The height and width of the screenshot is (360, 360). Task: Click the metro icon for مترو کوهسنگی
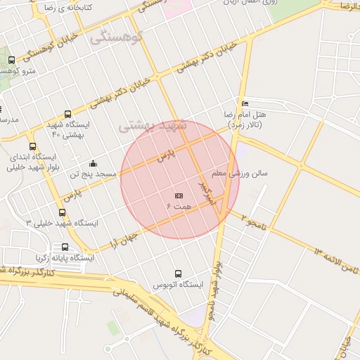click(11, 60)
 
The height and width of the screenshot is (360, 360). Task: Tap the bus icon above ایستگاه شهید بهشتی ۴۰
click(67, 114)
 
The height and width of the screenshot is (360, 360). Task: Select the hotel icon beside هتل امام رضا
click(244, 103)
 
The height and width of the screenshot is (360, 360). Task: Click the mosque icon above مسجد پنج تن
click(93, 164)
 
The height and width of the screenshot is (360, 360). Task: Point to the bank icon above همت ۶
click(179, 195)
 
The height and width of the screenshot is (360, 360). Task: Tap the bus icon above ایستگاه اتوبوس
click(177, 274)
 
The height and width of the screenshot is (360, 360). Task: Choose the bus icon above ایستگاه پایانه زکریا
click(65, 247)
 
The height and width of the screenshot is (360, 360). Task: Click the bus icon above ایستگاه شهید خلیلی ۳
click(63, 212)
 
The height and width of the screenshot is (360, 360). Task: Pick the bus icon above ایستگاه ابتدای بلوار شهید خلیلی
click(33, 147)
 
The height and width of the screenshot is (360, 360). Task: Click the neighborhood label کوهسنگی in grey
click(116, 37)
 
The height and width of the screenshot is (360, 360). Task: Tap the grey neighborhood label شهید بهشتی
click(153, 125)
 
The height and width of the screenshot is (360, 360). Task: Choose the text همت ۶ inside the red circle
click(179, 206)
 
